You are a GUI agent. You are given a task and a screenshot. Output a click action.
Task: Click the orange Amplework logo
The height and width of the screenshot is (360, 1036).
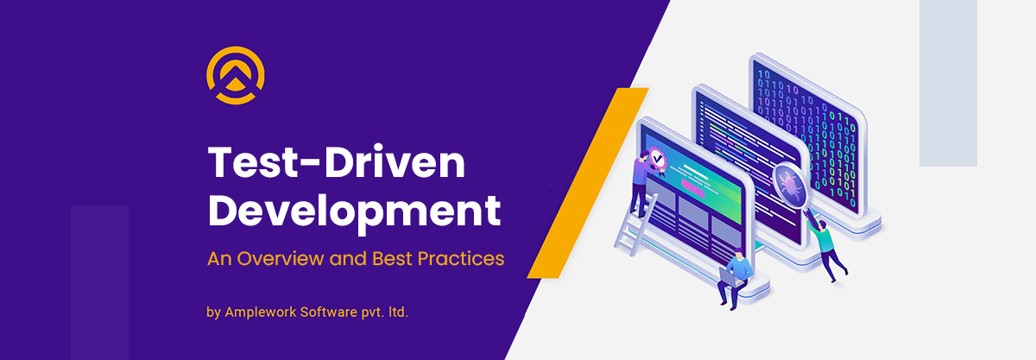236,75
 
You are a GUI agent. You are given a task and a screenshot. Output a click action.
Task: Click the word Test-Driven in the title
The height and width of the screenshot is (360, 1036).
337,162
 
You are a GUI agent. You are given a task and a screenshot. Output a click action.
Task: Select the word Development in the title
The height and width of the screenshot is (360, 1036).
354,212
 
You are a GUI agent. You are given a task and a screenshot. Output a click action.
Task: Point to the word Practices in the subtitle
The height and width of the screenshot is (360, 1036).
461,259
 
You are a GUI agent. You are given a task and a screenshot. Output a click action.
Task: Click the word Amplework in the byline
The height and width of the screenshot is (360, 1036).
261,313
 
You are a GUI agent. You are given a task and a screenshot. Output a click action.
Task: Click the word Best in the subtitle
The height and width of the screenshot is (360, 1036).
392,259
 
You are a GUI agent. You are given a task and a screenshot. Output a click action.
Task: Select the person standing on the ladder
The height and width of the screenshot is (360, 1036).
642,184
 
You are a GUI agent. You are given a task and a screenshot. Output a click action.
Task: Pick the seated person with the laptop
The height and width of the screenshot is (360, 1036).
736,279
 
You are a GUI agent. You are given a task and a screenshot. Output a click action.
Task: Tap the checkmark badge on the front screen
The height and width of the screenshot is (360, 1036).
657,160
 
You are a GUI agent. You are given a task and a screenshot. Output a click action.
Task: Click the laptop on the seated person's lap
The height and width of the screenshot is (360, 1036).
730,278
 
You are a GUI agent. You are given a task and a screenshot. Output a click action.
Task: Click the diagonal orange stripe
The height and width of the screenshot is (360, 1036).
588,183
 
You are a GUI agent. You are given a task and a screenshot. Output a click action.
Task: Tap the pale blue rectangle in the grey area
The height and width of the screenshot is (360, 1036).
948,83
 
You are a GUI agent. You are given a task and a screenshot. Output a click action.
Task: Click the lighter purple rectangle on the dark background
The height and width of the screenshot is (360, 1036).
100,282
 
